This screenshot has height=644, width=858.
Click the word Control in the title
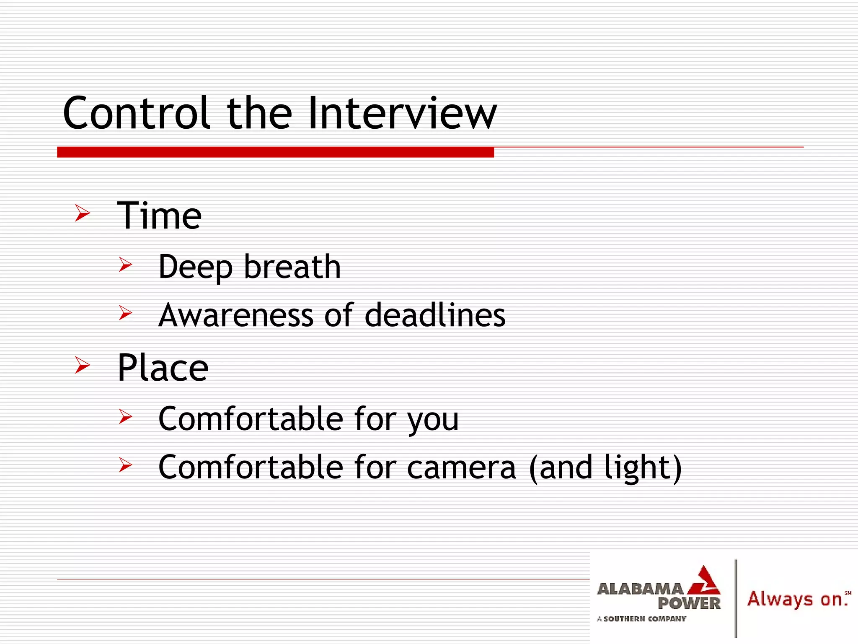click(136, 113)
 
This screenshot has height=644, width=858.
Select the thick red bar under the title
click(275, 152)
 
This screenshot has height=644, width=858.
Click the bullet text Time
click(159, 216)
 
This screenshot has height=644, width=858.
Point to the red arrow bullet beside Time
click(83, 213)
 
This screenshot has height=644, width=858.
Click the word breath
click(292, 267)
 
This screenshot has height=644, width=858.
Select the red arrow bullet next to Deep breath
click(125, 265)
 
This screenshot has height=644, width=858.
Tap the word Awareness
click(236, 315)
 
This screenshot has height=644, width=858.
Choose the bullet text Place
click(163, 368)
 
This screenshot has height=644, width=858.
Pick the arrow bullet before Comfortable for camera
click(125, 465)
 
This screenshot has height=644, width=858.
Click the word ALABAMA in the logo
click(639, 589)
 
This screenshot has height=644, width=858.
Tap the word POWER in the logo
click(689, 604)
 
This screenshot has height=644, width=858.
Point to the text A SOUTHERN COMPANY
click(641, 619)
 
